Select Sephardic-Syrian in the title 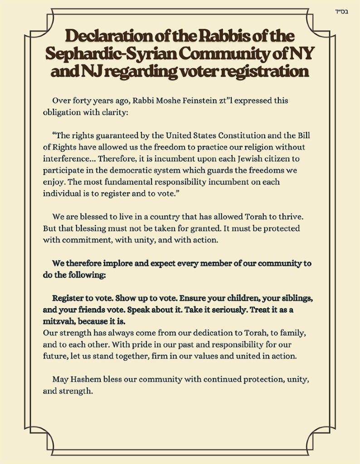click(x=111, y=54)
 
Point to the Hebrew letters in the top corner click(x=344, y=12)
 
